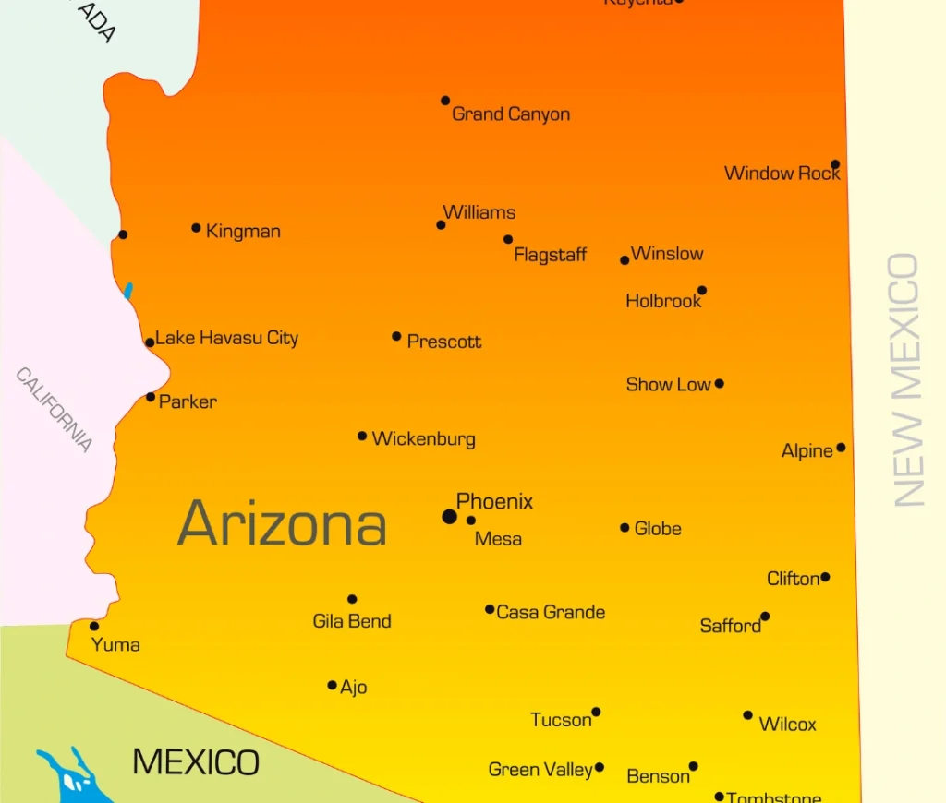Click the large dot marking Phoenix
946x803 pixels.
point(449,516)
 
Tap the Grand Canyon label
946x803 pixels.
point(510,114)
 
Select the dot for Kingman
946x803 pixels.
point(196,228)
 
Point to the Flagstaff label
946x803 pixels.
point(550,255)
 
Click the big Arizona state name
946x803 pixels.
point(282,523)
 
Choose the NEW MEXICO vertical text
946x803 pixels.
point(906,379)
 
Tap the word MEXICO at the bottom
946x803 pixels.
point(196,762)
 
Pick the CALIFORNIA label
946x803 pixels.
point(55,410)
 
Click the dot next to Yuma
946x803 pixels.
point(94,626)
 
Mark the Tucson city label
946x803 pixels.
point(561,720)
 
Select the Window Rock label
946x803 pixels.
point(782,174)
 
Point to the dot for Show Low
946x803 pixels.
point(719,384)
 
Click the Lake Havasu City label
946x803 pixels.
point(226,338)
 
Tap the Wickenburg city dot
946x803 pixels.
point(362,436)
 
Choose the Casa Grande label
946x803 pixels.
point(551,612)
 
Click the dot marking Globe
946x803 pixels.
point(625,528)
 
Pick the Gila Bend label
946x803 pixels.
point(352,621)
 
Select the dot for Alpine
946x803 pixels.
point(841,448)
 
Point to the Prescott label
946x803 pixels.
point(444,342)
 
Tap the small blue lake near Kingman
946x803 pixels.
point(128,291)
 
